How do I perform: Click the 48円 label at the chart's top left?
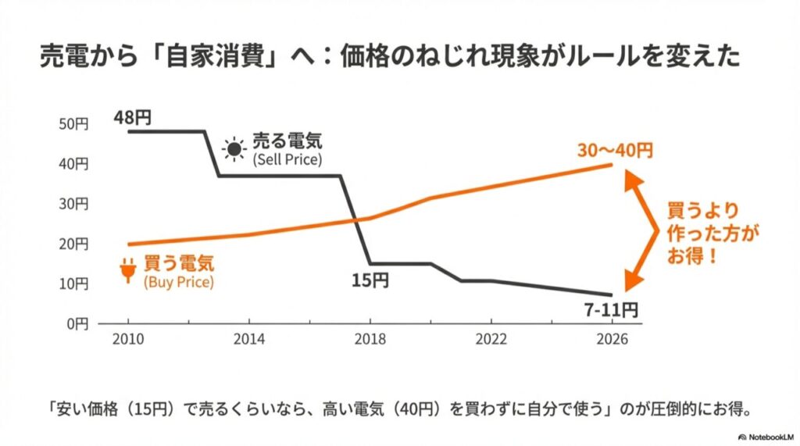(132, 117)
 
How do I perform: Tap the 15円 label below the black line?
(368, 278)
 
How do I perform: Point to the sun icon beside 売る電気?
(233, 149)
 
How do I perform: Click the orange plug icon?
(127, 270)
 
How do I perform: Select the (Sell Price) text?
(287, 159)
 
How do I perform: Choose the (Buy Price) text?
(178, 281)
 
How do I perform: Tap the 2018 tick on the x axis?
(370, 341)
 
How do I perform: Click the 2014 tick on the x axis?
(248, 341)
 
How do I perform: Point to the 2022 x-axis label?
(491, 341)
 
